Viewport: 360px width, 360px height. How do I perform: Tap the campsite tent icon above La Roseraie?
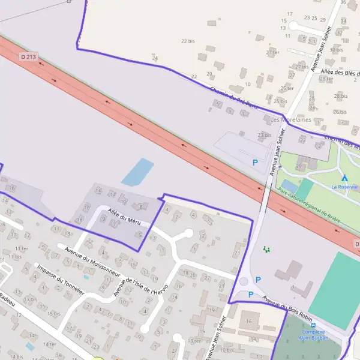(x=344, y=178)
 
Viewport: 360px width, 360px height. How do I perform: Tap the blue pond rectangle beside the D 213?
(x=137, y=172)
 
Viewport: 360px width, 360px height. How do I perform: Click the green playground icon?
(x=267, y=248)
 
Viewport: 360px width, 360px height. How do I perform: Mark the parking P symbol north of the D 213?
(x=255, y=162)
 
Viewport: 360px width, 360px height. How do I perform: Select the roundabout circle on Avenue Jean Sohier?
(x=244, y=281)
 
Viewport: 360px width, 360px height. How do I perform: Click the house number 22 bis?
(x=188, y=41)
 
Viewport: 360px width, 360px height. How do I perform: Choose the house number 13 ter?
(x=194, y=340)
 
